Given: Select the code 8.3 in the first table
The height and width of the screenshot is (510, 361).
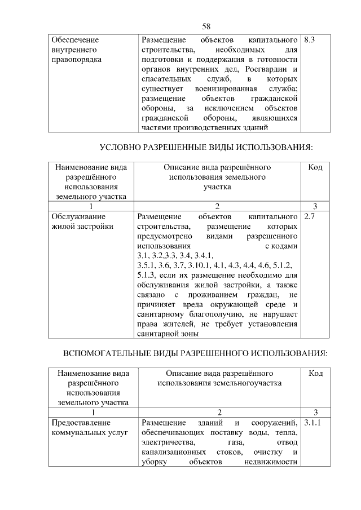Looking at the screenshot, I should point(309,41).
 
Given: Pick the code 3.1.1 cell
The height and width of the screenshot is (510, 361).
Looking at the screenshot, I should point(312,422).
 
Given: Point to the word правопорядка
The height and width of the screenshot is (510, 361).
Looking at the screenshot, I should point(76,60).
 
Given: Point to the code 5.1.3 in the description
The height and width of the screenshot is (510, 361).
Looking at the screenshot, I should point(147,274).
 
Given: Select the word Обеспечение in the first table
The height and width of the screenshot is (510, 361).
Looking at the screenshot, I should point(75,41).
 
